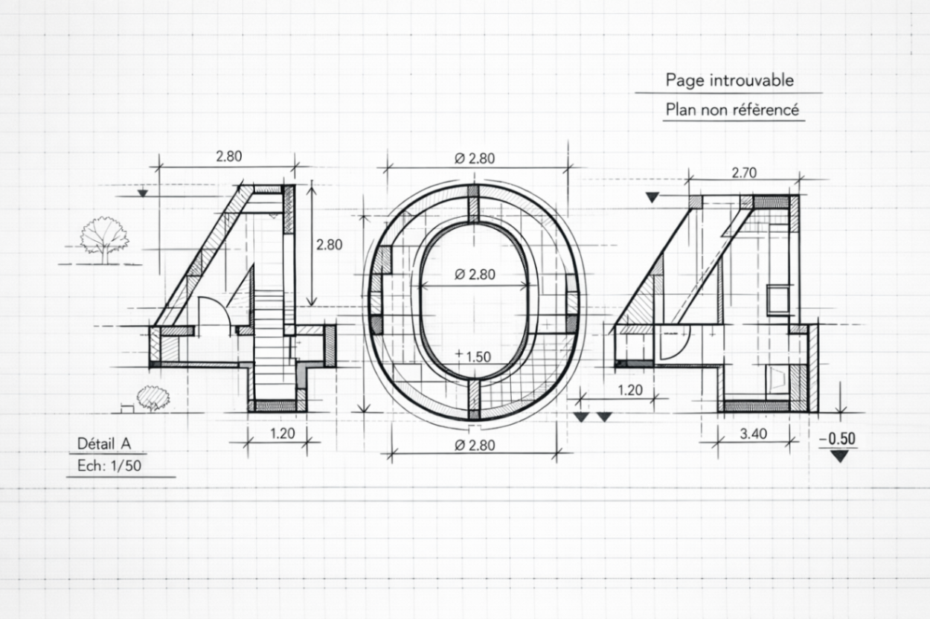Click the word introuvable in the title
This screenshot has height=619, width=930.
coord(751,80)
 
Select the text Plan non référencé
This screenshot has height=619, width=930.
coord(732,110)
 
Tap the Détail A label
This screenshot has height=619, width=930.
coord(104,444)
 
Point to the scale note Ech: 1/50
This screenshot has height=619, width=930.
coord(109,466)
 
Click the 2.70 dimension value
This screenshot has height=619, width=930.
coord(744,173)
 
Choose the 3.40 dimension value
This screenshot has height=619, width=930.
coord(753,434)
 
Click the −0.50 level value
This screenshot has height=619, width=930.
coord(838,439)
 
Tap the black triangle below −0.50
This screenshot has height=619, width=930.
coord(840,457)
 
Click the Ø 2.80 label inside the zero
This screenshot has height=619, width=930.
coord(475,275)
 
